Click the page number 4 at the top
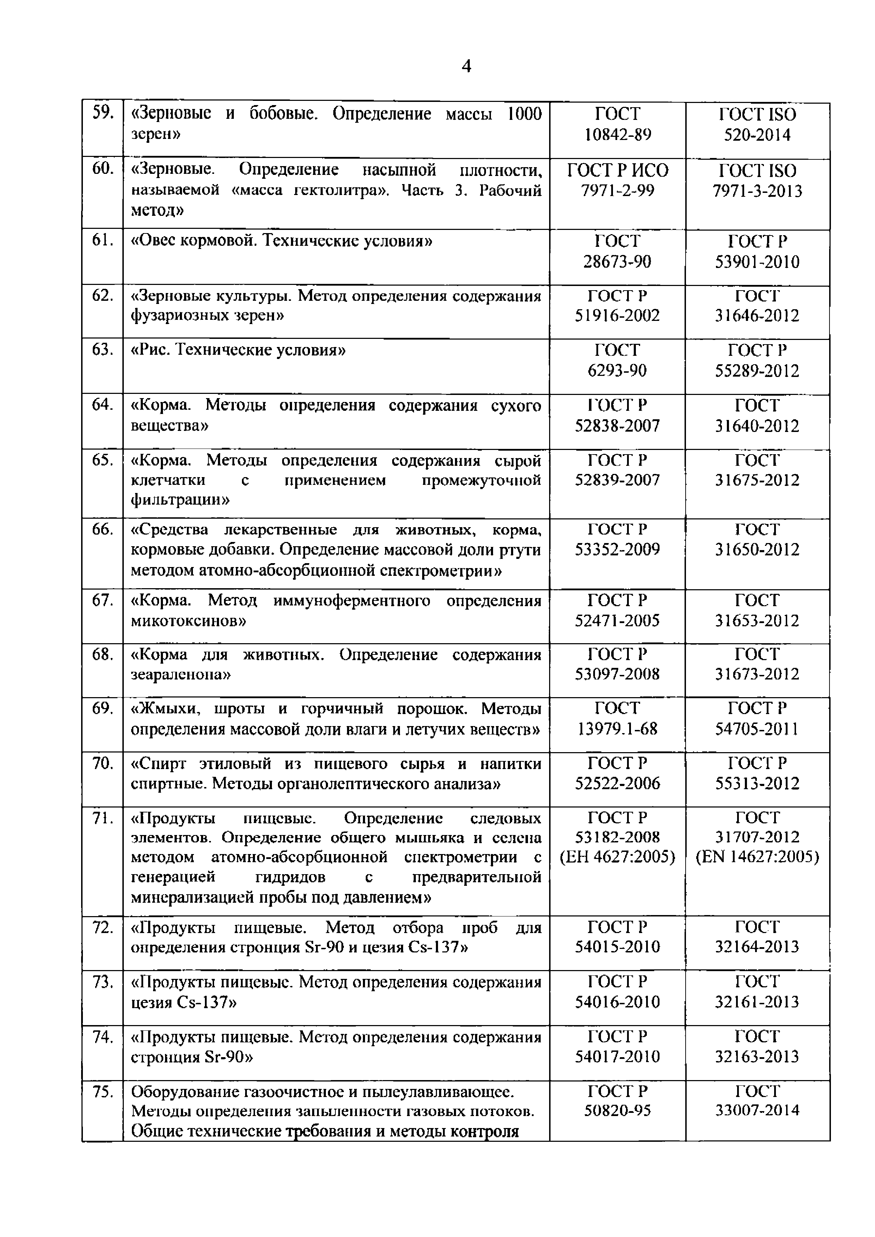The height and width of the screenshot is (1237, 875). pyautogui.click(x=467, y=66)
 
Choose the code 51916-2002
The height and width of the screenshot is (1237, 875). pyautogui.click(x=618, y=316)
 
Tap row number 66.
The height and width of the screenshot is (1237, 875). pyautogui.click(x=102, y=530)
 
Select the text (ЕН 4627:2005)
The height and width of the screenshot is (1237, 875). pyautogui.click(x=618, y=857)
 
